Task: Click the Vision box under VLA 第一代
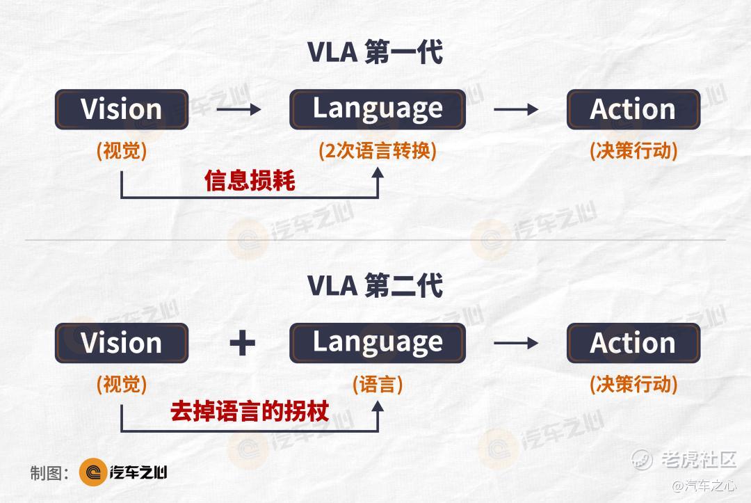coord(122,109)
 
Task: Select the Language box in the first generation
coord(378,109)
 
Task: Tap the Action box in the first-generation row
coord(633,109)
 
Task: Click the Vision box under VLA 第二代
coord(122,343)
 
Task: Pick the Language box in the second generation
coord(378,343)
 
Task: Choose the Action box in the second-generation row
coord(633,343)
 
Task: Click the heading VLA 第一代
coord(375,52)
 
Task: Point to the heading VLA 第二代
coord(375,286)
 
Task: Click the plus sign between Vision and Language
coord(243,343)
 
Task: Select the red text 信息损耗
coord(250,181)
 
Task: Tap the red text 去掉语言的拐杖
coord(250,411)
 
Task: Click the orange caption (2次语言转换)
coord(378,151)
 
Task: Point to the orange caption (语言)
coord(378,385)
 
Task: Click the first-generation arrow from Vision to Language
coord(239,109)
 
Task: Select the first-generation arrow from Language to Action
coord(516,109)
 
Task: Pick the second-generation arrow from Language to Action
coord(516,343)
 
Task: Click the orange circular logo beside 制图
coord(93,472)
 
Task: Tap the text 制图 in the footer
coord(45,473)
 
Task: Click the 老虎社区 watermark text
coord(699,459)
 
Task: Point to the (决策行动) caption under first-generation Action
coord(633,151)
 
